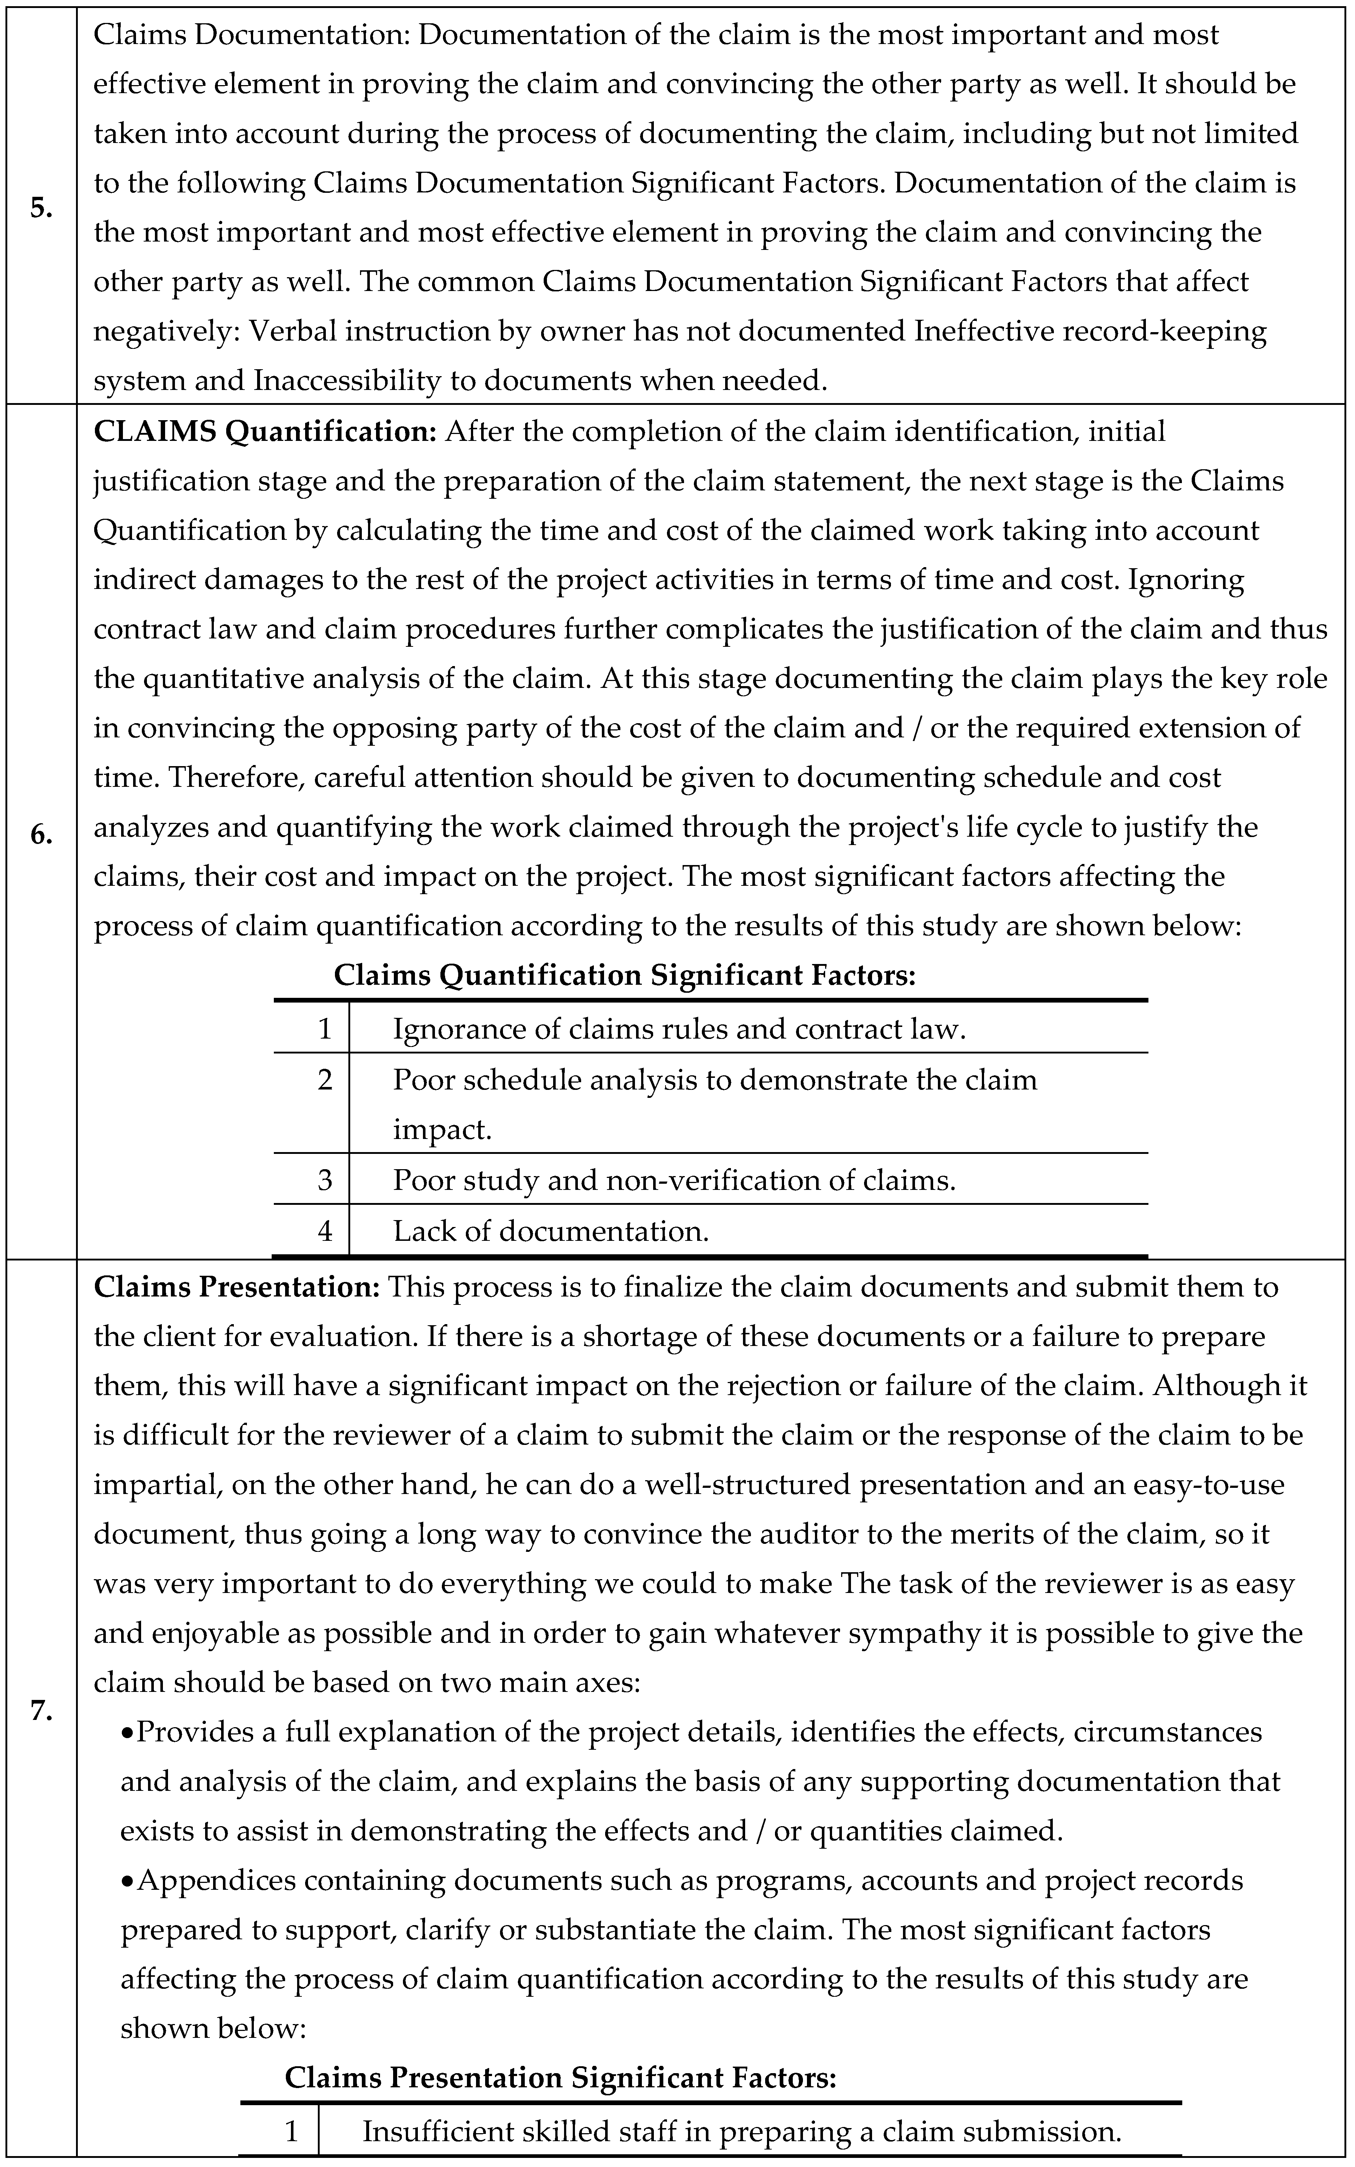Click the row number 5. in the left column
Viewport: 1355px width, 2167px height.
[40, 208]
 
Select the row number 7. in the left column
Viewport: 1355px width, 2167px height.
[40, 1710]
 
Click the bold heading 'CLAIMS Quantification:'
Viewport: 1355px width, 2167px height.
[264, 432]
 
